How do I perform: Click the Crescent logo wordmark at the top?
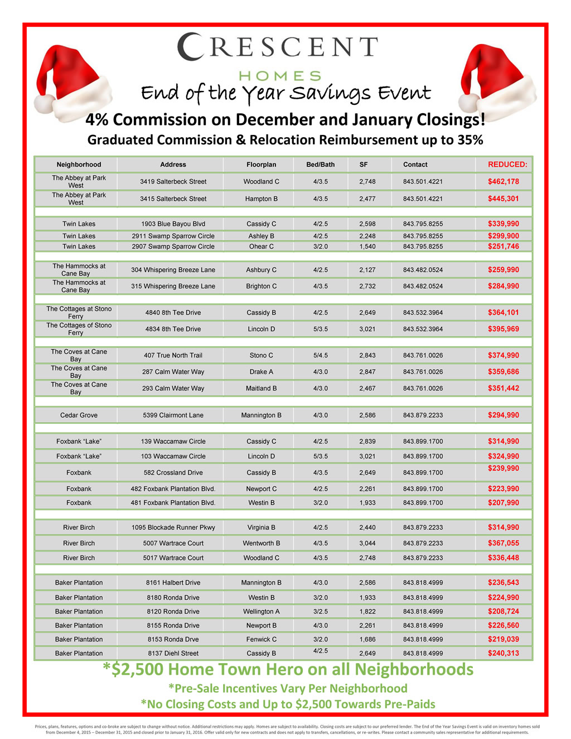[x=278, y=47]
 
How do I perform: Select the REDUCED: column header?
[x=507, y=165]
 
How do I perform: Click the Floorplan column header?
[x=261, y=165]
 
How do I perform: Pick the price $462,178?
[x=503, y=181]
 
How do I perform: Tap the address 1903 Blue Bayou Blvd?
[x=173, y=224]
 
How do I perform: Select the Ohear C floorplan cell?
[x=261, y=247]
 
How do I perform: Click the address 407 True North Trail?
[x=173, y=355]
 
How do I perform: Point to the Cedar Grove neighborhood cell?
[x=79, y=415]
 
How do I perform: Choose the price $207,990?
[x=503, y=503]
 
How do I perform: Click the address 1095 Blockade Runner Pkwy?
[x=173, y=527]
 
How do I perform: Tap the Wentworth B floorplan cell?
[x=261, y=543]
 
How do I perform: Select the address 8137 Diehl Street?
[x=173, y=653]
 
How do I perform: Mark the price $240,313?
[x=503, y=653]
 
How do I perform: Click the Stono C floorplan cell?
[x=261, y=355]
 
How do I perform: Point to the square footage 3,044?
[x=367, y=543]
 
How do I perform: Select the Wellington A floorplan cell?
[x=261, y=611]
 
